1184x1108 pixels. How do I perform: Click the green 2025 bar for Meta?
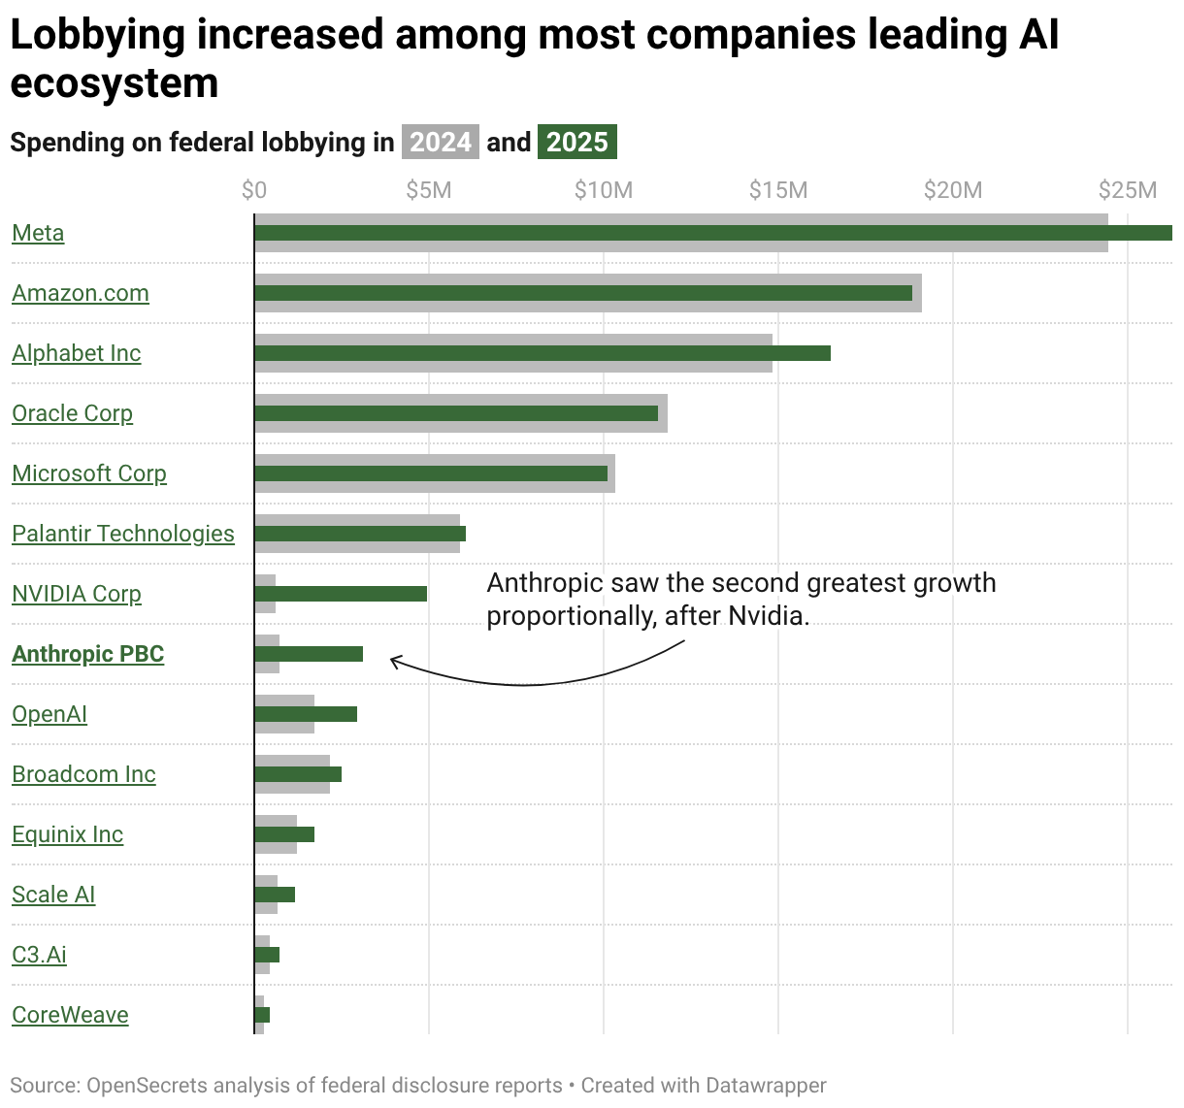[x=712, y=233]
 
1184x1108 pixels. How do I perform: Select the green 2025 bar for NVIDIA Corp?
[x=340, y=594]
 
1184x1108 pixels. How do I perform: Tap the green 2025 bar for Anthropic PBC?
[x=308, y=654]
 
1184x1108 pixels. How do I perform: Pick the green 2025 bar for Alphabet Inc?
[x=542, y=353]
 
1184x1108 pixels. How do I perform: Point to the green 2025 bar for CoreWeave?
[x=262, y=1015]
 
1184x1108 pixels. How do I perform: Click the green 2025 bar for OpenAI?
[x=305, y=714]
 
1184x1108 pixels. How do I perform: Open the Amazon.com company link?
[x=81, y=293]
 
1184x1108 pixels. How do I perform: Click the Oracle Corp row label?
[x=72, y=413]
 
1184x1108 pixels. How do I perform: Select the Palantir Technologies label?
[x=123, y=534]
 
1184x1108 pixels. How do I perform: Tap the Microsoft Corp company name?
[x=89, y=473]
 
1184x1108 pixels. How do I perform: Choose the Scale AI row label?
[x=53, y=895]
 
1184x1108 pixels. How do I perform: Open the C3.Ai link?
[x=39, y=955]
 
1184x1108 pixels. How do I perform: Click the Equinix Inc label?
[x=67, y=834]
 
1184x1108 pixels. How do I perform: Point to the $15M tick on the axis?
[x=778, y=190]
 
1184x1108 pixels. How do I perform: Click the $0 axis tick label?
[x=254, y=190]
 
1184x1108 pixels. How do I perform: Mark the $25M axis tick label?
[x=1128, y=190]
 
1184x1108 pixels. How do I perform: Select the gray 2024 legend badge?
[x=440, y=143]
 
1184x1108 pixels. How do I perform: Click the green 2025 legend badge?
[x=576, y=143]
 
